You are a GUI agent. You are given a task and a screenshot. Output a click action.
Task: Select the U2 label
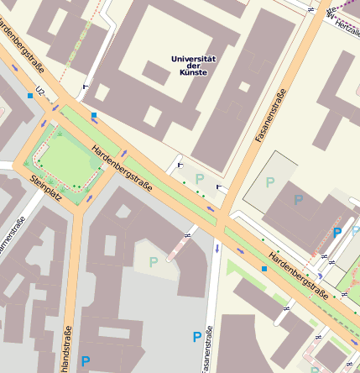pos(39,90)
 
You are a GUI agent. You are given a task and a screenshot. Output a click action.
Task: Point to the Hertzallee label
pos(347,25)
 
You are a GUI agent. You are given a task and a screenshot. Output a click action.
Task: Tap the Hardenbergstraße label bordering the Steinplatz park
pos(123,168)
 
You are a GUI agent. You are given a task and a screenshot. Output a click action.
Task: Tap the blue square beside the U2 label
pos(30,97)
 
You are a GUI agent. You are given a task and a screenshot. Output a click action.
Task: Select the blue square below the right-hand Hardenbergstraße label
pos(264,269)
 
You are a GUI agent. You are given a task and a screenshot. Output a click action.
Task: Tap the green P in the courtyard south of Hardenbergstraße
pos(153,262)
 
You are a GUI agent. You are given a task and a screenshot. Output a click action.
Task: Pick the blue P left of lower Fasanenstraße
pos(197,338)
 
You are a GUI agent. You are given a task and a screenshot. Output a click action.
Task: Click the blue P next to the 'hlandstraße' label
pos(86,361)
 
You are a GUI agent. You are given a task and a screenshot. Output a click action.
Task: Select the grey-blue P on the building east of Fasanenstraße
pos(298,200)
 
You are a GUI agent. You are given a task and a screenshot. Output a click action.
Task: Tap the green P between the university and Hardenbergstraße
pos(200,178)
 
